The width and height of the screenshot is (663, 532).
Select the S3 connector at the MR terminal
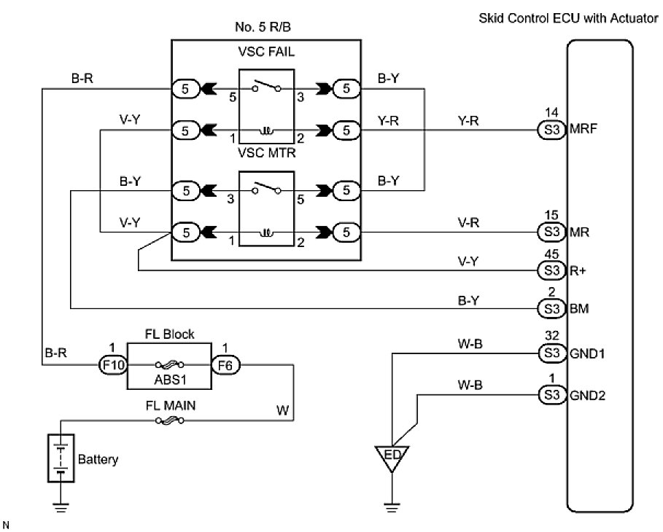coord(550,232)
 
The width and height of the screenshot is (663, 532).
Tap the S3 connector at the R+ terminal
coord(550,270)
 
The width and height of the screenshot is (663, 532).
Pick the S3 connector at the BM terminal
coord(550,308)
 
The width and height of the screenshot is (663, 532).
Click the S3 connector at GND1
coord(550,353)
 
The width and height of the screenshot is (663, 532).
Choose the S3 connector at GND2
coord(550,395)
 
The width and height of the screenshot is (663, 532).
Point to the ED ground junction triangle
coord(391,457)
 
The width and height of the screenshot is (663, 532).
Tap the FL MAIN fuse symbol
coord(169,420)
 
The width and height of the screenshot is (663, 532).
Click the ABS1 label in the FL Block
coord(169,380)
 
